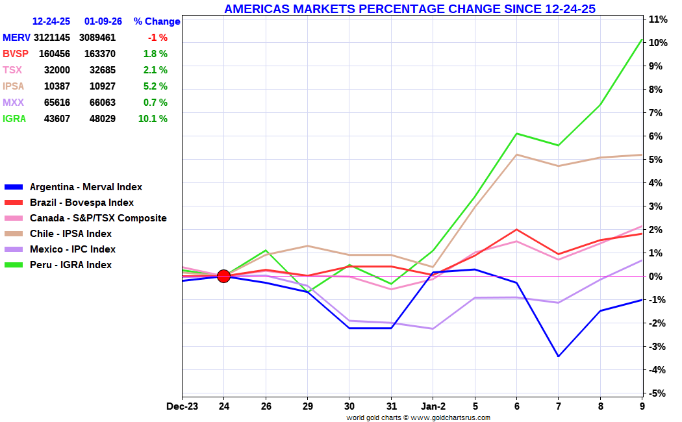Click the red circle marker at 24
pos(223,276)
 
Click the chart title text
pos(409,9)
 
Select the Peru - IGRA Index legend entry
pos(71,265)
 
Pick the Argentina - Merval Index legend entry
pos(86,187)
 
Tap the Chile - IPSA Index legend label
pos(71,234)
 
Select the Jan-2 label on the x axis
pos(433,406)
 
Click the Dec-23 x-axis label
pos(183,406)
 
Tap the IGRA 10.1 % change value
pos(153,119)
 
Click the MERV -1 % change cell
pos(157,38)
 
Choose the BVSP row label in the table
pos(16,54)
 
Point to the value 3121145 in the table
pos(52,38)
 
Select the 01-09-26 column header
pos(103,21)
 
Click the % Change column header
pos(157,21)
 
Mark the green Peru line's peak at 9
pos(642,40)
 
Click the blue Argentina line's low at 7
pos(558,356)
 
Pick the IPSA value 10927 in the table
pos(103,86)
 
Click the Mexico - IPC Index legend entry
pos(73,249)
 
